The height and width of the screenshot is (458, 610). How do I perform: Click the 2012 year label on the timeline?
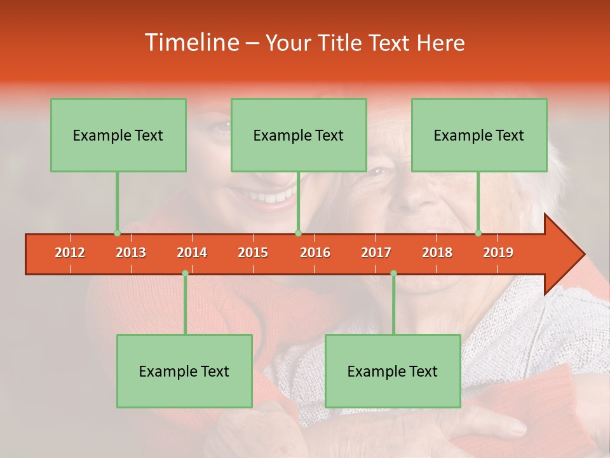[x=70, y=253]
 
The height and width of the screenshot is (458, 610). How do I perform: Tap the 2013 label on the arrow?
[x=131, y=253]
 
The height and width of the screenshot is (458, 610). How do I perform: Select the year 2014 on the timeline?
[x=192, y=253]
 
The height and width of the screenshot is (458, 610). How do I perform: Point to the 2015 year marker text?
[x=253, y=253]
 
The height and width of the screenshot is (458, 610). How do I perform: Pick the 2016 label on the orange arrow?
[x=315, y=253]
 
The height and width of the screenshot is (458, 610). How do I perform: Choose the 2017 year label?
[x=376, y=253]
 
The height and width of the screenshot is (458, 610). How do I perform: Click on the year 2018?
[x=437, y=253]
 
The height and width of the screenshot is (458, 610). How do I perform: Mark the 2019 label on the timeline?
[x=498, y=253]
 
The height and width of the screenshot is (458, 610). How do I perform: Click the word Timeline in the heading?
[x=190, y=43]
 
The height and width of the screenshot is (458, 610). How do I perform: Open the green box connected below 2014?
[x=184, y=371]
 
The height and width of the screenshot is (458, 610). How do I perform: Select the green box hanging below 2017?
[x=393, y=371]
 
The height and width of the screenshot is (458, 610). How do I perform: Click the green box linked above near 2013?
[x=118, y=135]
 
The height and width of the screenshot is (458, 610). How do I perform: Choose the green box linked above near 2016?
[x=299, y=135]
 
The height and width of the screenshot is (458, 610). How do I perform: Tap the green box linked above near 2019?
[x=479, y=135]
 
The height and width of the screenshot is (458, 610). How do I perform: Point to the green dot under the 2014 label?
[x=185, y=274]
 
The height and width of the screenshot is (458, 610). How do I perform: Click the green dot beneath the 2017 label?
[x=393, y=274]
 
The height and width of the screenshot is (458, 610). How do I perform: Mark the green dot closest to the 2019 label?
[x=478, y=233]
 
